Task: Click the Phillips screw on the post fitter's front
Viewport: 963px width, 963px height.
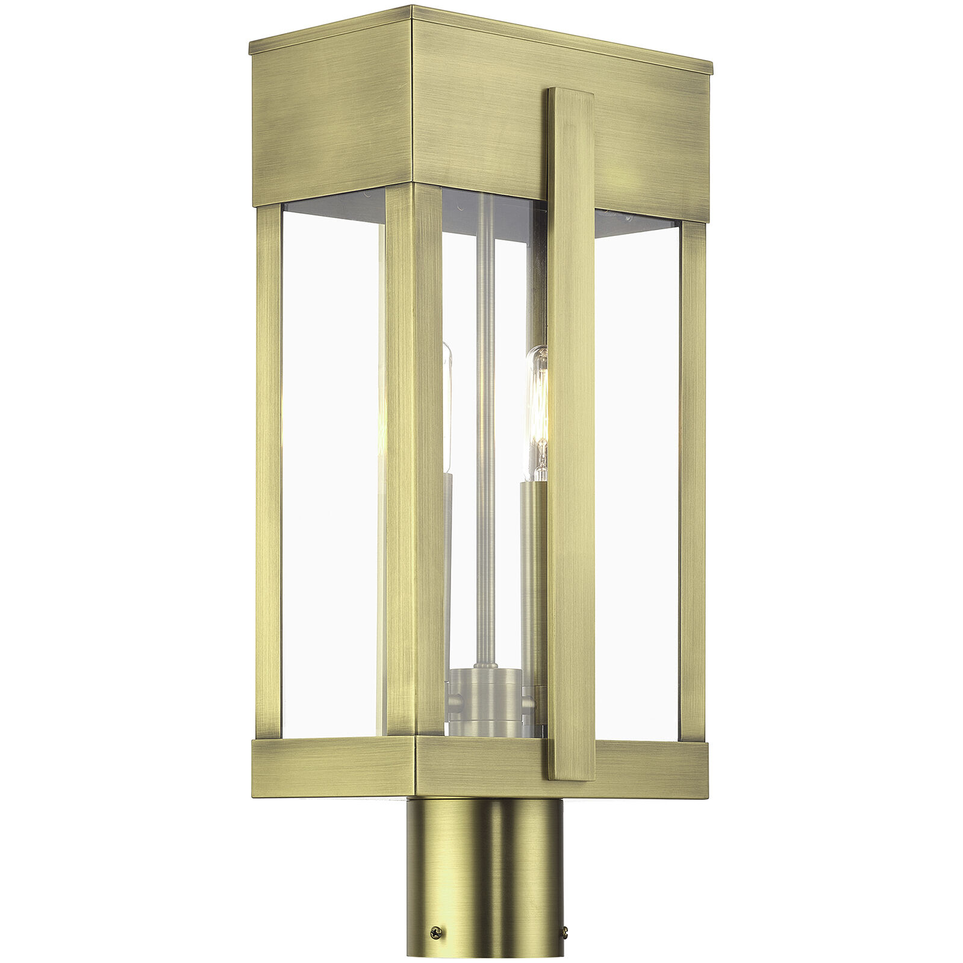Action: point(434,932)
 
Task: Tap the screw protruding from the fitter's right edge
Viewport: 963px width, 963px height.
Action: point(564,933)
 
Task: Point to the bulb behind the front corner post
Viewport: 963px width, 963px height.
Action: point(447,410)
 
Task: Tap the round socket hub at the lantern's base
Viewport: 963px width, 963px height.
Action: point(486,702)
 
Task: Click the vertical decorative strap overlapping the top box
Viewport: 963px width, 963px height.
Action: point(571,422)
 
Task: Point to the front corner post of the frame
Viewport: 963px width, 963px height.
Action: point(414,458)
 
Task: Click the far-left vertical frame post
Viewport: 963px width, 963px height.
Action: point(269,470)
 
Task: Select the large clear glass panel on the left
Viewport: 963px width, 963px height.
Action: point(332,470)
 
